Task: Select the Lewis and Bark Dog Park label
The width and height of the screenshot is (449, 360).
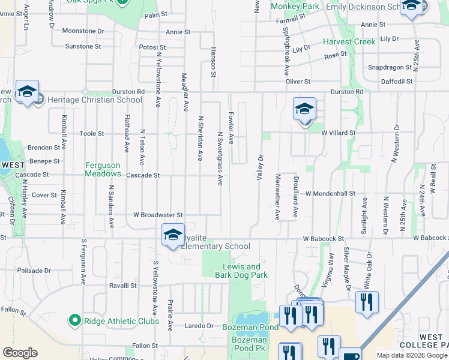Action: pos(241,271)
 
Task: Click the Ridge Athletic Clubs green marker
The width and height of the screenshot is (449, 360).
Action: pos(74,321)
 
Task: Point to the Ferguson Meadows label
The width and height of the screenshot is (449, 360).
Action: pos(103,169)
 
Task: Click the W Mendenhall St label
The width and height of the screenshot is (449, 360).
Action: pos(330,194)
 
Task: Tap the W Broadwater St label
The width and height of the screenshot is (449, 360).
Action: pos(157,214)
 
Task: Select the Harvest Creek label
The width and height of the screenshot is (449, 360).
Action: pos(349,42)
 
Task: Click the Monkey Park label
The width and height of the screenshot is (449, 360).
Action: pos(295,6)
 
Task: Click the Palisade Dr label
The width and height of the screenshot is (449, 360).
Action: pos(34,270)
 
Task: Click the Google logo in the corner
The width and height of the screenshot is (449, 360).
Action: pos(20,353)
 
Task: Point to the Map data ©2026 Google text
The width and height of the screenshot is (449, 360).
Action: pos(411,355)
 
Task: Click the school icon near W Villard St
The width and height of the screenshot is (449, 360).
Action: pos(304,109)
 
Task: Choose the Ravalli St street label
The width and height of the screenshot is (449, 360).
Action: pos(124,286)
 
